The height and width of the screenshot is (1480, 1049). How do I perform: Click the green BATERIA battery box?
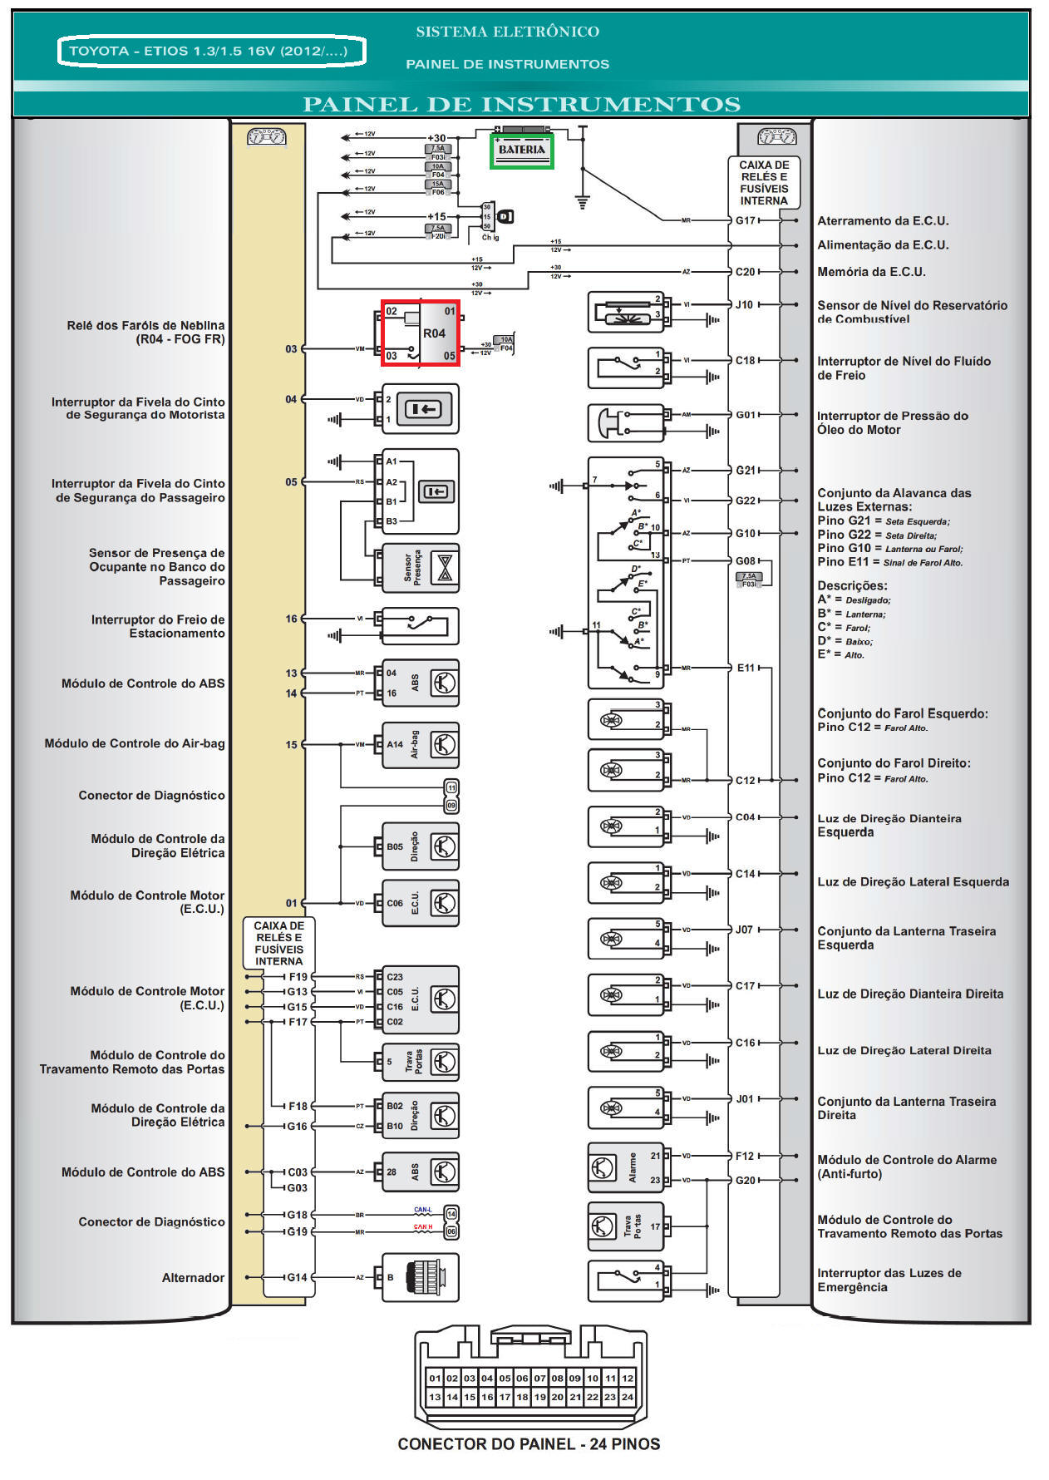pyautogui.click(x=521, y=150)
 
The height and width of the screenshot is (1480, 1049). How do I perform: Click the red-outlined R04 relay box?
pyautogui.click(x=421, y=333)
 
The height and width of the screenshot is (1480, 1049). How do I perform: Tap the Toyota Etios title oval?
pyautogui.click(x=212, y=51)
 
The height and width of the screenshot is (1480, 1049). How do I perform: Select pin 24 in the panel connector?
pyautogui.click(x=628, y=1397)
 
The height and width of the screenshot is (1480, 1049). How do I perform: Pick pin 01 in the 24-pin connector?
pyautogui.click(x=434, y=1378)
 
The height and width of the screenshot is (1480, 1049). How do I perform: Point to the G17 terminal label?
pyautogui.click(x=745, y=220)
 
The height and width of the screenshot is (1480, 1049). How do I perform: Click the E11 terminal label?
pyautogui.click(x=745, y=668)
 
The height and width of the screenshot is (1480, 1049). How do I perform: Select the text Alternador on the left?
pyautogui.click(x=193, y=1278)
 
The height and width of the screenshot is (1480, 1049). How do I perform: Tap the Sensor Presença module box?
pyautogui.click(x=421, y=567)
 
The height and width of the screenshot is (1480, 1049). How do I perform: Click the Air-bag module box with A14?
pyautogui.click(x=421, y=744)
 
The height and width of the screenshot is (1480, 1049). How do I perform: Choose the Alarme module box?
pyautogui.click(x=625, y=1167)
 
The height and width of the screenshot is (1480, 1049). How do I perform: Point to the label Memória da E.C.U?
pyautogui.click(x=870, y=272)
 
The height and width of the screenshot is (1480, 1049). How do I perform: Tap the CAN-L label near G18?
pyautogui.click(x=423, y=1210)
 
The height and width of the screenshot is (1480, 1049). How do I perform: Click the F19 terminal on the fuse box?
pyautogui.click(x=298, y=977)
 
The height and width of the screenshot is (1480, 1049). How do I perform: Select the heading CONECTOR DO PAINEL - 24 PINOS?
pyautogui.click(x=529, y=1444)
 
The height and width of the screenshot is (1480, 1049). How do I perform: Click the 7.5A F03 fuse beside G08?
pyautogui.click(x=748, y=580)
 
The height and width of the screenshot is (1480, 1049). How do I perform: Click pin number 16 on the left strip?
pyautogui.click(x=291, y=619)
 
